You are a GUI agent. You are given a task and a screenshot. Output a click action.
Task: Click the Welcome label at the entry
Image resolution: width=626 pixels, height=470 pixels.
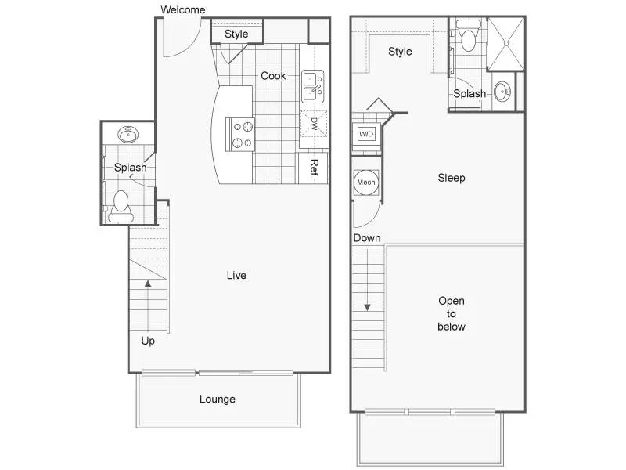click(183, 9)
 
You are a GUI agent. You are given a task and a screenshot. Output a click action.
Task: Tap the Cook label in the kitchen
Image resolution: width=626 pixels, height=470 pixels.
click(273, 75)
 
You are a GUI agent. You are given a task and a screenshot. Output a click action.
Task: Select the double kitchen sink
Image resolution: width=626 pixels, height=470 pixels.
click(312, 86)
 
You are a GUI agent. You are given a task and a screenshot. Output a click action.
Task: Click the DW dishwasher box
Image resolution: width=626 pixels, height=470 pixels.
click(314, 124)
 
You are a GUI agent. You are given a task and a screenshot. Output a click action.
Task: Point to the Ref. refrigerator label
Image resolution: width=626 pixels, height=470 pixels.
click(315, 168)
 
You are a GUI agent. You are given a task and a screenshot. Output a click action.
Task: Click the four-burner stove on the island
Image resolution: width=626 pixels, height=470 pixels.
click(240, 134)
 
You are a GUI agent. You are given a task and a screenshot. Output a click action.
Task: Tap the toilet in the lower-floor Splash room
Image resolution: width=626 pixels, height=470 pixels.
click(121, 206)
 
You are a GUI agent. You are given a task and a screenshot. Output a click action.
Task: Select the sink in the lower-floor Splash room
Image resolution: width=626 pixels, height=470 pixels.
click(128, 134)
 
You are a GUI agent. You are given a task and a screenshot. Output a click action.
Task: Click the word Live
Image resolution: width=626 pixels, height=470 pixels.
click(236, 276)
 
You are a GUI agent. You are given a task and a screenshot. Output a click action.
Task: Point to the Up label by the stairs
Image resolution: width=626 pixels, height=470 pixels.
click(148, 341)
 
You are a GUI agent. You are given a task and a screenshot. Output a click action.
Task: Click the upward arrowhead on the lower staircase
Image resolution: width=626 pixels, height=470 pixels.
click(148, 284)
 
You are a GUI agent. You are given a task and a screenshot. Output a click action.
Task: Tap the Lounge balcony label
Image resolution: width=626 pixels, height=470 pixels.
click(218, 399)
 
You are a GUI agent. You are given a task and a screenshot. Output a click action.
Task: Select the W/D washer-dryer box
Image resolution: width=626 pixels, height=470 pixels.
click(366, 134)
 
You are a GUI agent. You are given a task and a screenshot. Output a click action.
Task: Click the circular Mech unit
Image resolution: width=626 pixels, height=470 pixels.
click(365, 183)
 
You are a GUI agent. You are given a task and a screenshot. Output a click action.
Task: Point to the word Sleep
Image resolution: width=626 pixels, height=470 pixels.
click(452, 178)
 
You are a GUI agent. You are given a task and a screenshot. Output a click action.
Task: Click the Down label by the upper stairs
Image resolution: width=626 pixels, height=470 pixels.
click(367, 238)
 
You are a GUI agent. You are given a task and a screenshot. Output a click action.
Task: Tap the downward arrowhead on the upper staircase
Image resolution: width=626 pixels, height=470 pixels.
click(367, 307)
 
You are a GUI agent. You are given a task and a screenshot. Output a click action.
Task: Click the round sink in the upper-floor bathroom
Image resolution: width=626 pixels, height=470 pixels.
click(502, 92)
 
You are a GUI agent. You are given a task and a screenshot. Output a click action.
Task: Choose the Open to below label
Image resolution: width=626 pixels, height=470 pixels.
click(452, 314)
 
